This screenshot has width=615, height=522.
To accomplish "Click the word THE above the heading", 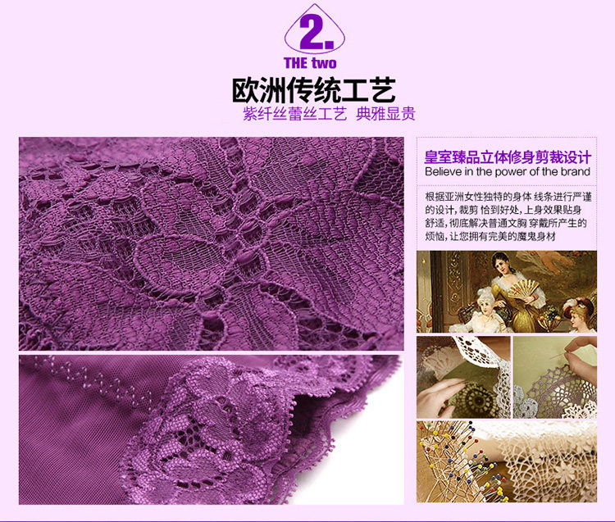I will (296, 63).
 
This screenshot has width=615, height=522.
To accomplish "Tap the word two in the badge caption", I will (323, 63).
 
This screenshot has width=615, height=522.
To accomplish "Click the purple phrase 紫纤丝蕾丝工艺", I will (294, 114).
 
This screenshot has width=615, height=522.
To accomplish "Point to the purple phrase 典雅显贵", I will (385, 114).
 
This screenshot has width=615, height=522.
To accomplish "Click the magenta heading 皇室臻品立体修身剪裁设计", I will (508, 157).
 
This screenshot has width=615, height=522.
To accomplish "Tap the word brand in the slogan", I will (574, 172).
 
